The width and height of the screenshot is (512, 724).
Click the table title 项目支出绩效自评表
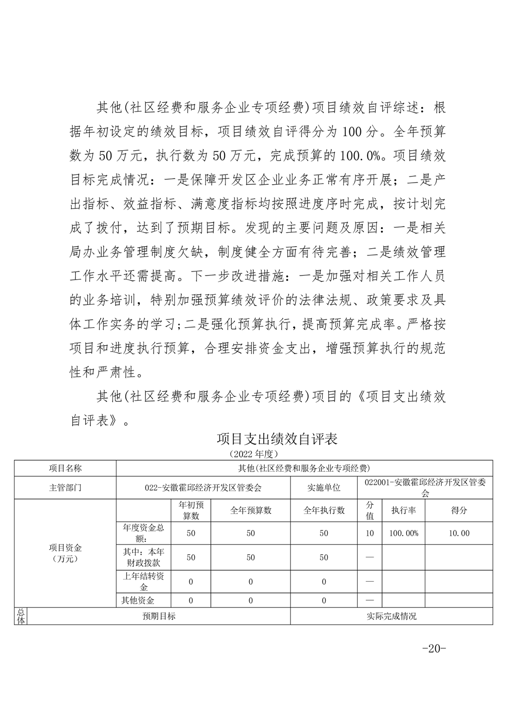pyautogui.click(x=277, y=439)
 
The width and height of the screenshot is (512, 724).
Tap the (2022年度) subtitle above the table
pyautogui.click(x=253, y=454)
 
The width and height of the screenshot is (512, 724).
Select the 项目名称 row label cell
pyautogui.click(x=65, y=469)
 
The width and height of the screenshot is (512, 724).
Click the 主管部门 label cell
pyautogui.click(x=65, y=488)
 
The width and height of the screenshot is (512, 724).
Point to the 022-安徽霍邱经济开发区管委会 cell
pyautogui.click(x=203, y=488)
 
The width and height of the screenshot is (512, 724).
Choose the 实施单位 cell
pyautogui.click(x=324, y=488)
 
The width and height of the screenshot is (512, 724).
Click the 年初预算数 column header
pyautogui.click(x=191, y=510)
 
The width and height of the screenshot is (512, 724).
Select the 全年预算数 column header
pyautogui.click(x=250, y=510)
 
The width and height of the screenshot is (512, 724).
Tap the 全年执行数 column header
pyautogui.click(x=324, y=510)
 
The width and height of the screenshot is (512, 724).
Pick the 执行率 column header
pyautogui.click(x=404, y=510)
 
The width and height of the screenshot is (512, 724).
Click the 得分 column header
pyautogui.click(x=459, y=510)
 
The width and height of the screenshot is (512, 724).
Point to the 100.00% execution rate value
pyautogui.click(x=404, y=533)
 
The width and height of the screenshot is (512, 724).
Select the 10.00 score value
pyautogui.click(x=459, y=533)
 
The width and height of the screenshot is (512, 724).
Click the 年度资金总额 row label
pyautogui.click(x=143, y=533)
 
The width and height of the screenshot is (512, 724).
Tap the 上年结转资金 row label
pyautogui.click(x=143, y=582)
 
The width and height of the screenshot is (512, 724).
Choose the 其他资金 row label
pyautogui.click(x=138, y=600)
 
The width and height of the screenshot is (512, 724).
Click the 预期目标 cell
pyautogui.click(x=159, y=616)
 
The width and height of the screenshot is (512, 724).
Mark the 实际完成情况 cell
pyautogui.click(x=391, y=616)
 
